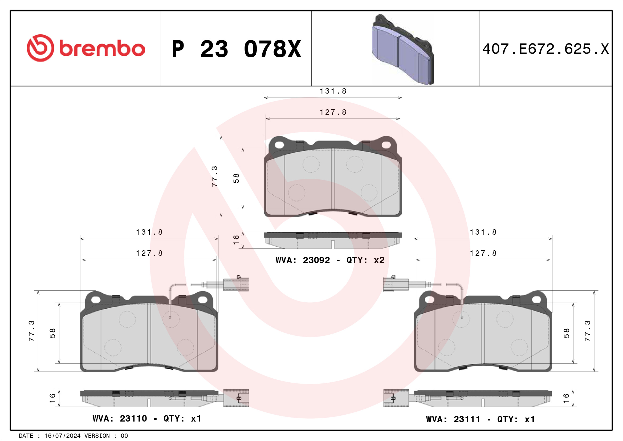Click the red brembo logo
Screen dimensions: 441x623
coord(85,48)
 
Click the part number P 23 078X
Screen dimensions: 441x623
coord(236,49)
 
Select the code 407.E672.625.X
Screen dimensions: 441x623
coord(545,49)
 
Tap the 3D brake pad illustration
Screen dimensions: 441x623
coord(402,50)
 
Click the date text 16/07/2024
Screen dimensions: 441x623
coord(62,436)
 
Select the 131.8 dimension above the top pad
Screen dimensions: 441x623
coord(333,91)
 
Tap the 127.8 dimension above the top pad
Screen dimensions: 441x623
coord(333,112)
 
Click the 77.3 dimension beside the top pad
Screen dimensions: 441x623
coord(214,176)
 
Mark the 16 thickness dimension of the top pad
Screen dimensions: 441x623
coord(236,240)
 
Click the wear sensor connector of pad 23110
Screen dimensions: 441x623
coord(236,284)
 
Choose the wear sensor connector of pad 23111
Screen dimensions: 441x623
coord(396,284)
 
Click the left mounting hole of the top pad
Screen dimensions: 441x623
coord(279,145)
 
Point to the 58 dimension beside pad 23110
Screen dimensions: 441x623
coord(52,333)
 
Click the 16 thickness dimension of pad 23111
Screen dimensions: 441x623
coord(566,398)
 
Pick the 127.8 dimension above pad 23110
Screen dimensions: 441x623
coord(149,253)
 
